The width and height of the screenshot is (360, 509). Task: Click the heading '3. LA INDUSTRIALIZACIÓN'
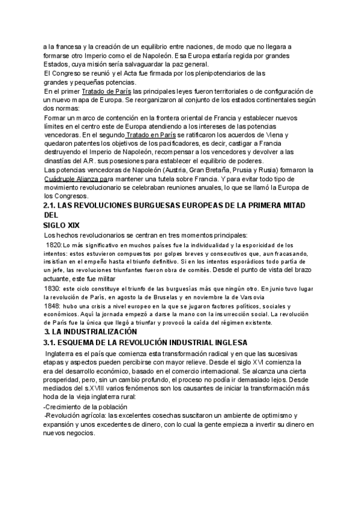(91, 332)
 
